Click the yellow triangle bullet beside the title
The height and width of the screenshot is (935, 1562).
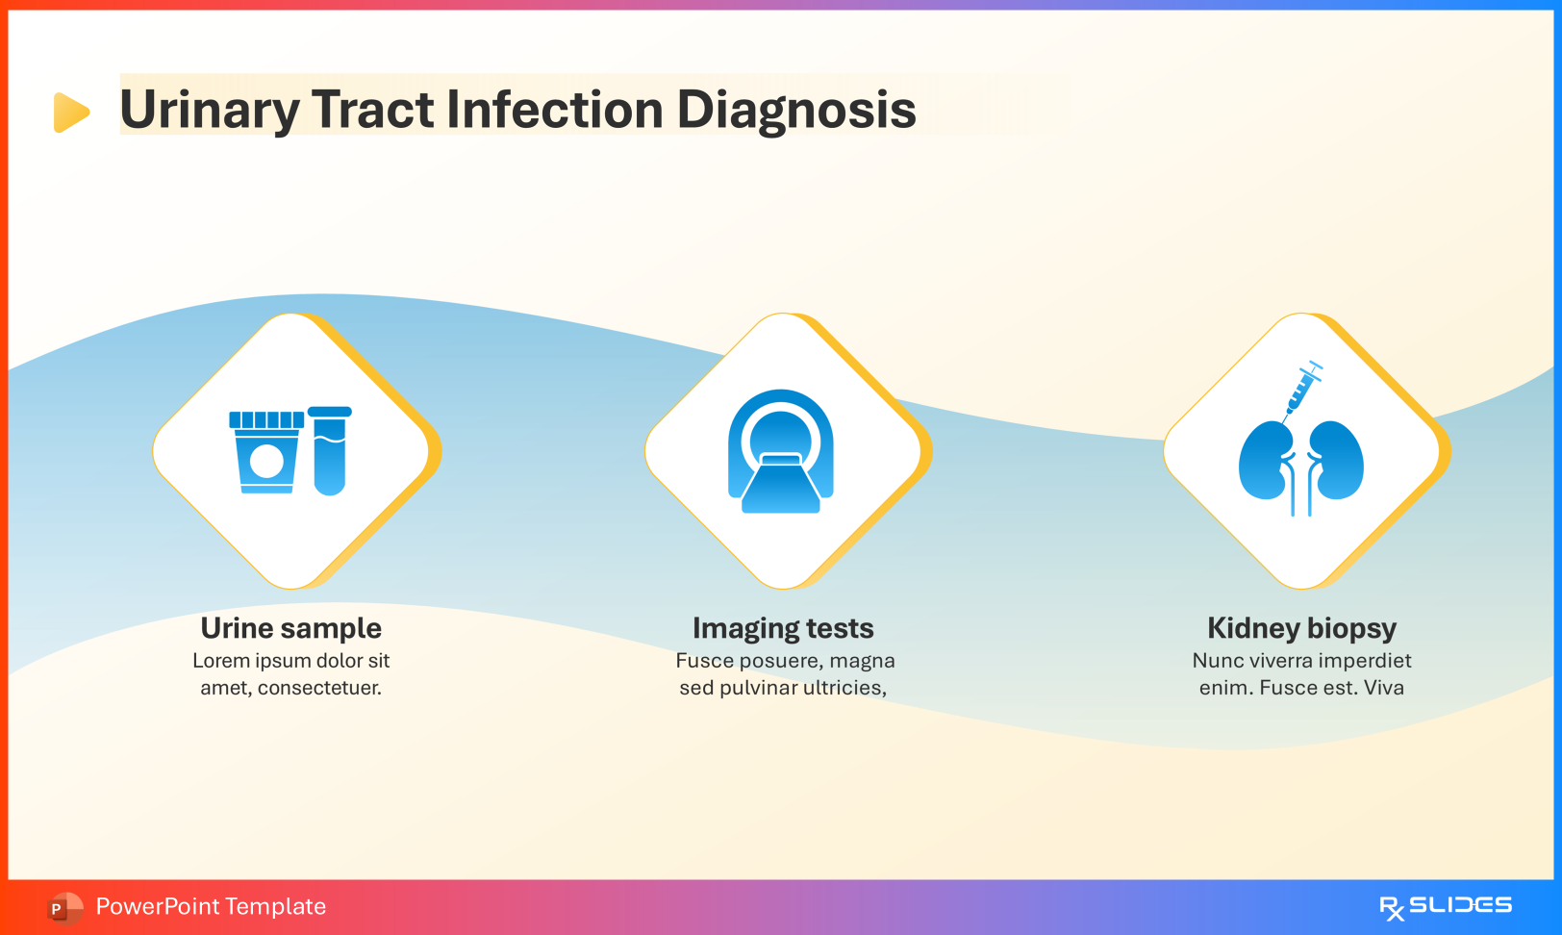70,113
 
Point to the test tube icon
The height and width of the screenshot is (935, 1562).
330,450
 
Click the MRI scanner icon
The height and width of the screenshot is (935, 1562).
781,451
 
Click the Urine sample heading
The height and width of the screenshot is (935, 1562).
291,628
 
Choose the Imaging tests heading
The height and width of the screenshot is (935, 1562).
783,628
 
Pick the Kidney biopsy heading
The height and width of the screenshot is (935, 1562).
1301,628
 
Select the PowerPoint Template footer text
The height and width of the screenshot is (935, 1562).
211,906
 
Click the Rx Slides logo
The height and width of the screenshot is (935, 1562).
1445,906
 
